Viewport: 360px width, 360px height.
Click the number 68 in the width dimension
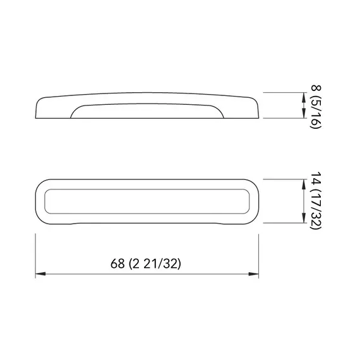117,265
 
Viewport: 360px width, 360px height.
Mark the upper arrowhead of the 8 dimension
302,96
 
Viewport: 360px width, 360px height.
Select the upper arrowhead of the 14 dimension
302,183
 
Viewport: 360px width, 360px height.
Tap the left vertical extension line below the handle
35,253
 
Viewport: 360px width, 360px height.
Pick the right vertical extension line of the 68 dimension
258,253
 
